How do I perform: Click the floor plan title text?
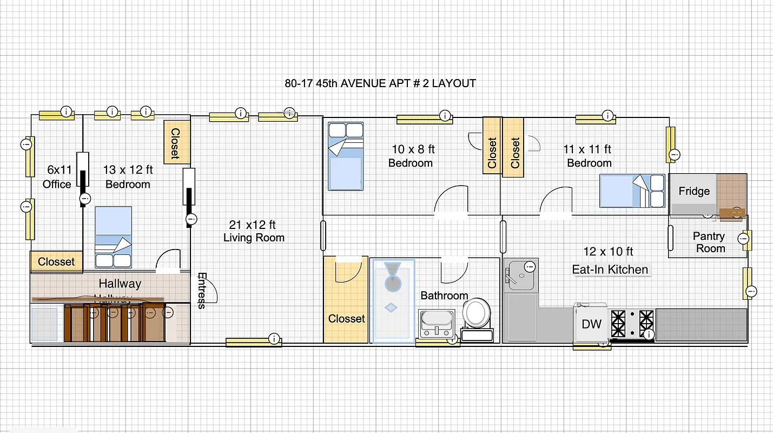click(x=380, y=83)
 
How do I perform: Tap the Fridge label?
click(x=694, y=191)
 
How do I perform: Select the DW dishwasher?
click(x=591, y=324)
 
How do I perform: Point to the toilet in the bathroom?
click(x=476, y=314)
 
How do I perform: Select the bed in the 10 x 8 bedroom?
click(x=346, y=156)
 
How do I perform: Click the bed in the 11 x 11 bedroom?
click(x=632, y=191)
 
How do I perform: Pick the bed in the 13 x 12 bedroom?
click(x=113, y=237)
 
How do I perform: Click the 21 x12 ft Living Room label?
click(x=254, y=231)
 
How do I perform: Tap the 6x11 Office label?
click(x=57, y=178)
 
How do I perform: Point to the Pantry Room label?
click(x=709, y=242)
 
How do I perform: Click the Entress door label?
click(x=202, y=290)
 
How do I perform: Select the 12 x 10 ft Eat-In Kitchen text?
click(x=610, y=260)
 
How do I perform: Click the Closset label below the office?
click(x=56, y=261)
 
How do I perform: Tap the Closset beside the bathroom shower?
click(x=346, y=319)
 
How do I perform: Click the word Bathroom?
click(x=444, y=296)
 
